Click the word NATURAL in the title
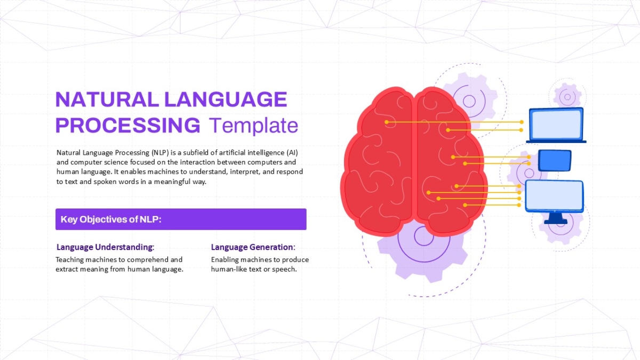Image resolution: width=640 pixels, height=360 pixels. coord(107,99)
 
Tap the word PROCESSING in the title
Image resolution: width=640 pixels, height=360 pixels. coord(127,125)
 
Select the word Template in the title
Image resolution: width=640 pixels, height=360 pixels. coord(254,126)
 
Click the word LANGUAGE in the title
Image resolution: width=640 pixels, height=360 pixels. coord(226,99)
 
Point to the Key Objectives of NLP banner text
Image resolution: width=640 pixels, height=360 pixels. coord(111,219)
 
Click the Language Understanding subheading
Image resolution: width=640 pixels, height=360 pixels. coord(105,247)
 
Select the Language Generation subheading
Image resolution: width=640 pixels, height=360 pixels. coord(253,247)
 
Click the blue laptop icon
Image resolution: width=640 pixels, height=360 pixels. coord(556,125)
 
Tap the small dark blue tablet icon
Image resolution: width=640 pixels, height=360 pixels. coord(555,161)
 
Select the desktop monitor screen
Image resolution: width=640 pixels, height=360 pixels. coord(554,196)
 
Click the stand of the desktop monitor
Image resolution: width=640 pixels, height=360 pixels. coord(556,218)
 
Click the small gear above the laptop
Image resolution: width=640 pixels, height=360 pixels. coord(567,97)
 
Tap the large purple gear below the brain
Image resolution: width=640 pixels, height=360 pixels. coord(423,251)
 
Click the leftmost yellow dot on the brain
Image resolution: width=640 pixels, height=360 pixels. coord(386,122)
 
